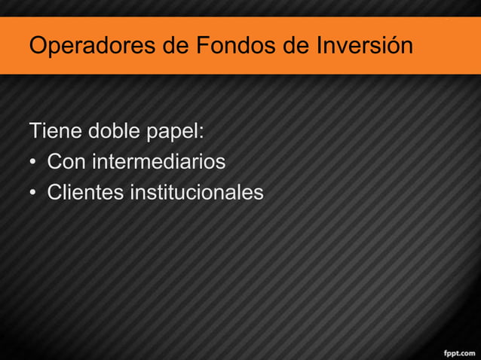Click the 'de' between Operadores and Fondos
pyautogui.click(x=176, y=46)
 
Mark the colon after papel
pyautogui.click(x=201, y=134)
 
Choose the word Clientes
pyautogui.click(x=85, y=193)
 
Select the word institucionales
pyautogui.click(x=197, y=193)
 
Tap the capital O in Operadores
pyautogui.click(x=38, y=46)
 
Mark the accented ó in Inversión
pyautogui.click(x=391, y=46)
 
